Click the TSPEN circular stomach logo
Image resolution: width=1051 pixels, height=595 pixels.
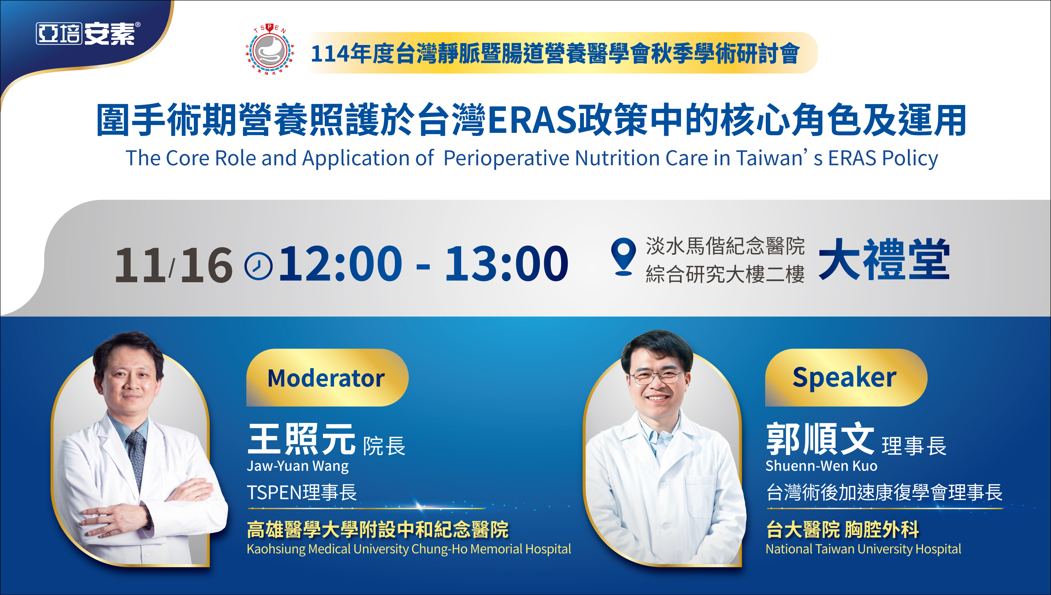[269, 49]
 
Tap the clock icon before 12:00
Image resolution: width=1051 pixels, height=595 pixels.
[258, 266]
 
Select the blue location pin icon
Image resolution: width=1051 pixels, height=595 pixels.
[623, 257]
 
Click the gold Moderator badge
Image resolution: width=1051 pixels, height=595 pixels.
[327, 377]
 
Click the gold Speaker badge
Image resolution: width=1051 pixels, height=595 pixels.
[846, 377]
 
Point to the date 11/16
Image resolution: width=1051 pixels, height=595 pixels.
[174, 265]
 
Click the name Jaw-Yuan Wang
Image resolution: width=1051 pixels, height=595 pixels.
[298, 466]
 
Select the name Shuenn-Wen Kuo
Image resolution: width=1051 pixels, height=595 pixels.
[821, 466]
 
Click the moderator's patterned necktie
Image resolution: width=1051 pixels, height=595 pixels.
[136, 458]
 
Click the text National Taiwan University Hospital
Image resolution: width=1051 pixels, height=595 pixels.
[863, 549]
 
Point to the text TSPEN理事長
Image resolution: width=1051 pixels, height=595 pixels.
[302, 492]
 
